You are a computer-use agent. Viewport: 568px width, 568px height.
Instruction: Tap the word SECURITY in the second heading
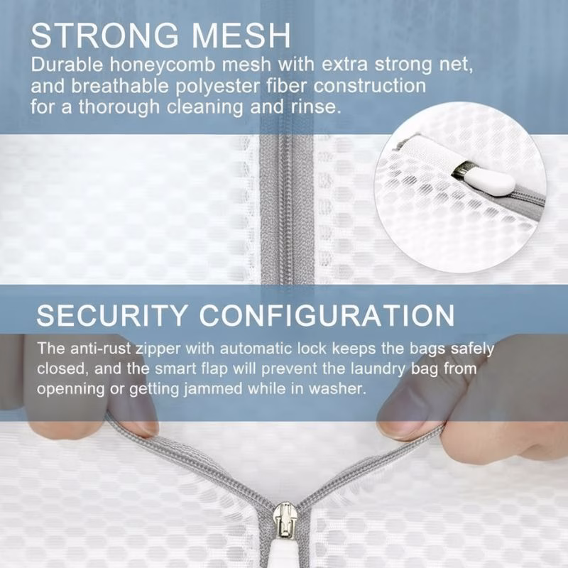pyautogui.click(x=114, y=315)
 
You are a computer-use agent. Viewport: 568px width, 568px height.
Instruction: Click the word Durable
pyautogui.click(x=67, y=66)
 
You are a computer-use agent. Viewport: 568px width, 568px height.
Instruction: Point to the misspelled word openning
pyautogui.click(x=67, y=390)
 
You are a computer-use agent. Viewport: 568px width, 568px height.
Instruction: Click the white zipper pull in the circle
pyautogui.click(x=489, y=182)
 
